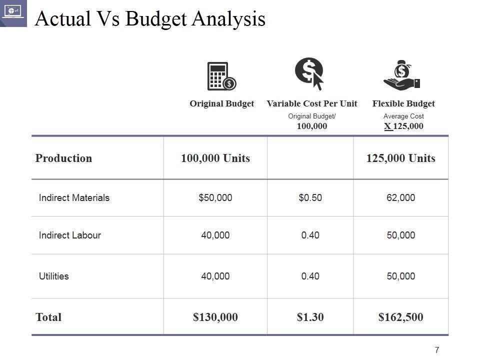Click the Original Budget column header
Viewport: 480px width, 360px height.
[x=221, y=104]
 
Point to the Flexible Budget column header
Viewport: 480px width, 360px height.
[x=403, y=104]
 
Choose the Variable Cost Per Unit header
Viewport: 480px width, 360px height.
[x=312, y=104]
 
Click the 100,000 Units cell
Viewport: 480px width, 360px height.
[x=215, y=158]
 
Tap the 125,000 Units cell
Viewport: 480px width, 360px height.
[x=401, y=158]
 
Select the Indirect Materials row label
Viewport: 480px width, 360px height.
[x=74, y=197]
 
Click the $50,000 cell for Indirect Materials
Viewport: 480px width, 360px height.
[x=215, y=197]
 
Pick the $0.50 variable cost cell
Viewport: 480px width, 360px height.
[x=310, y=197]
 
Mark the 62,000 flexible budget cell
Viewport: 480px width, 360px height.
[x=401, y=197]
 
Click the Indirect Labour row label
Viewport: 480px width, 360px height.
[x=70, y=235]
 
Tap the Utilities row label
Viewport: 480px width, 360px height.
[x=54, y=276]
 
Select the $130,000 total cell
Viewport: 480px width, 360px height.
[x=215, y=317]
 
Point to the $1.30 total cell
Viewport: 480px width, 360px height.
[x=310, y=317]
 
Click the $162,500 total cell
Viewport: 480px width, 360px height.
[x=401, y=317]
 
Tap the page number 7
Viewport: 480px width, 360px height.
[x=437, y=350]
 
